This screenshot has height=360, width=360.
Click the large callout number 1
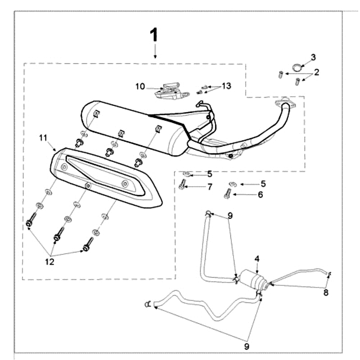coord(154,35)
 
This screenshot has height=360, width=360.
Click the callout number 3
coord(314,57)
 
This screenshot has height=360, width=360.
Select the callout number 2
coord(317,72)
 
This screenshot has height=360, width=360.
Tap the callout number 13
coord(226,86)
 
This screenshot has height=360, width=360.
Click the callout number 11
coord(43,138)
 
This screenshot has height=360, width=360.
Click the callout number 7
coord(210,187)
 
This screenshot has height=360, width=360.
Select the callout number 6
coord(260,195)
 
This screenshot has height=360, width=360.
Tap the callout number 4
coord(257,259)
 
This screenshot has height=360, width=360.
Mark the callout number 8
coord(326,292)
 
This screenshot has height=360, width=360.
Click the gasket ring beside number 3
coord(295,68)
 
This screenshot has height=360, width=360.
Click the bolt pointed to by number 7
coord(182,184)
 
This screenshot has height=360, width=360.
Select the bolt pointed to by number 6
coord(227,194)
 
